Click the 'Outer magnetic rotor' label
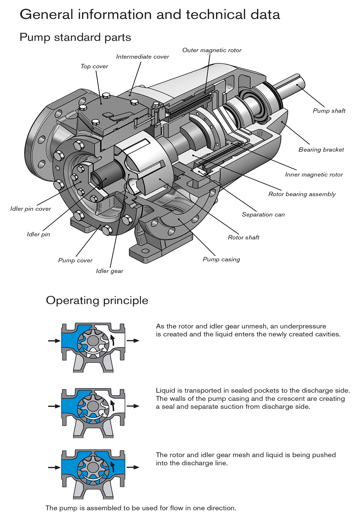coord(212,50)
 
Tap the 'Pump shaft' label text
coord(329,111)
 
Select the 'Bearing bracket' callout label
coord(321,149)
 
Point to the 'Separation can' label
coord(263,214)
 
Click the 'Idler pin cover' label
coord(31,209)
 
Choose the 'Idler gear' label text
coord(109,271)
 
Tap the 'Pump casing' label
coord(221,259)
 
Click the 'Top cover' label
coord(94,66)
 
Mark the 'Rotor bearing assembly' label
coord(302,194)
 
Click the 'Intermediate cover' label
coord(142,57)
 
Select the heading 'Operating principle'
coord(97,300)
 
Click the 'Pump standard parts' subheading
coord(75,37)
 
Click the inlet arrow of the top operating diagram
coord(54,341)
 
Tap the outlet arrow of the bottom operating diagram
coord(133,467)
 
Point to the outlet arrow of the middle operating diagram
coord(133,406)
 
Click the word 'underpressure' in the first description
coord(303,326)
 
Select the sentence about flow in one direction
coord(141,508)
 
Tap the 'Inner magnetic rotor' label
coord(313,175)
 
